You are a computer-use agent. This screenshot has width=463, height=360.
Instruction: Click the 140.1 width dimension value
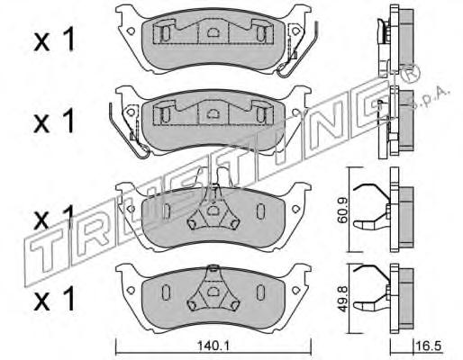(x=213, y=346)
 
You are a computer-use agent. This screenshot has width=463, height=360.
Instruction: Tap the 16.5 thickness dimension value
(x=429, y=346)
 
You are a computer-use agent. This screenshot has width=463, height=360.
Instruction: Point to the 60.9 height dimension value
(x=342, y=210)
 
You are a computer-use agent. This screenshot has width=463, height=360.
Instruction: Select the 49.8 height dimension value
(x=342, y=299)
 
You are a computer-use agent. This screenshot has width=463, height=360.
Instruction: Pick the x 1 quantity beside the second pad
(x=54, y=121)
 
